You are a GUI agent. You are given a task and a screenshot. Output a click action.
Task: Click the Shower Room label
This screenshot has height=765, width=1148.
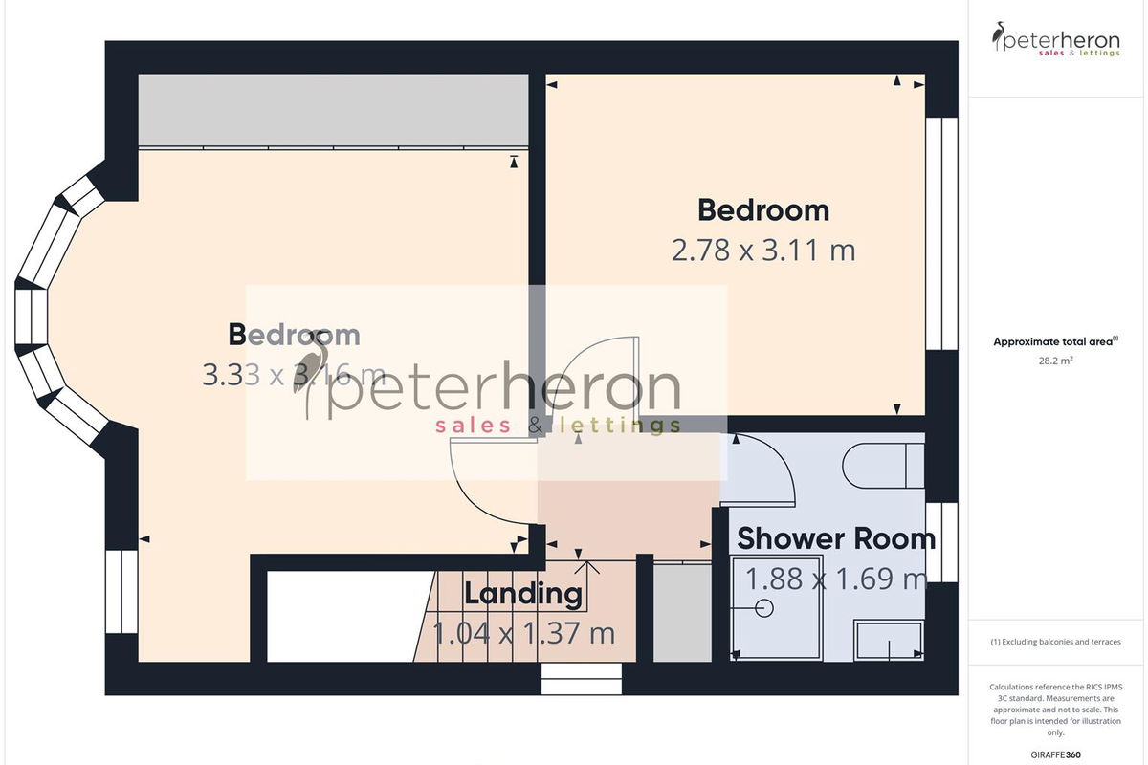pos(836,539)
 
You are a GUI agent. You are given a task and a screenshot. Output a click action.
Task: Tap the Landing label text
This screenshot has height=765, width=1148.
pos(523,594)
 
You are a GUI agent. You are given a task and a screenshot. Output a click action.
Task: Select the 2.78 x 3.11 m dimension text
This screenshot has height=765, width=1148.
pos(763,250)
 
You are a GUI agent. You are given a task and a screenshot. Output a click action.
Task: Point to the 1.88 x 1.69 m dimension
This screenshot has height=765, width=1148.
pos(836,579)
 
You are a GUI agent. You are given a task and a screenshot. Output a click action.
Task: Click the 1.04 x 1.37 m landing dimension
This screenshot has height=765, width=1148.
pos(523,633)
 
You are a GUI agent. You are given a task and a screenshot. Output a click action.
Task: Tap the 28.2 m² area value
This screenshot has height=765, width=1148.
pos(1056,361)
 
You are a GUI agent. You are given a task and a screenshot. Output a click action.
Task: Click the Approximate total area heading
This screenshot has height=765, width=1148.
pos(1056,341)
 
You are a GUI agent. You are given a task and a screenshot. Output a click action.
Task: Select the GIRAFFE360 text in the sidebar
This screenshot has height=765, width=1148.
pos(1056,754)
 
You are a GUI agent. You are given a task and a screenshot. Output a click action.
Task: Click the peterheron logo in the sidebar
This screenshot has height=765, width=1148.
pos(1056,39)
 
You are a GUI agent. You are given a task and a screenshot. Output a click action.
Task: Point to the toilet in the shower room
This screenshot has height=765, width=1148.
pos(884,466)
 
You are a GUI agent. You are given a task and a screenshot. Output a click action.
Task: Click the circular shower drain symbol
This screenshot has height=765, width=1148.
pos(764,608)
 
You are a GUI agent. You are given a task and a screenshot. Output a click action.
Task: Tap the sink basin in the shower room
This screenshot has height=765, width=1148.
pos(889,640)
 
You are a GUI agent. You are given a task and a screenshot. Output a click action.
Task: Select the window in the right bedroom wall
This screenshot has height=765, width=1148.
pos(942,233)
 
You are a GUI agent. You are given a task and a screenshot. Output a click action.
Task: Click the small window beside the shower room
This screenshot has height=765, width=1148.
pos(942,542)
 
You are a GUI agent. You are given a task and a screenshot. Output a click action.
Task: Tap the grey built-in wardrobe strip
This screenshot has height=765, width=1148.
pos(333,110)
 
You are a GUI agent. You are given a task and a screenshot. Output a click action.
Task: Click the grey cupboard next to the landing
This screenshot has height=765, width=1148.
pos(682,613)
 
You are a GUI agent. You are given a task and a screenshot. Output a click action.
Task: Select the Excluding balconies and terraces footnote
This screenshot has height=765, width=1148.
pos(1056,642)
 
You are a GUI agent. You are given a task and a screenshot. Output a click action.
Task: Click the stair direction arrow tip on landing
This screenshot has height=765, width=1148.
pos(587,561)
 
